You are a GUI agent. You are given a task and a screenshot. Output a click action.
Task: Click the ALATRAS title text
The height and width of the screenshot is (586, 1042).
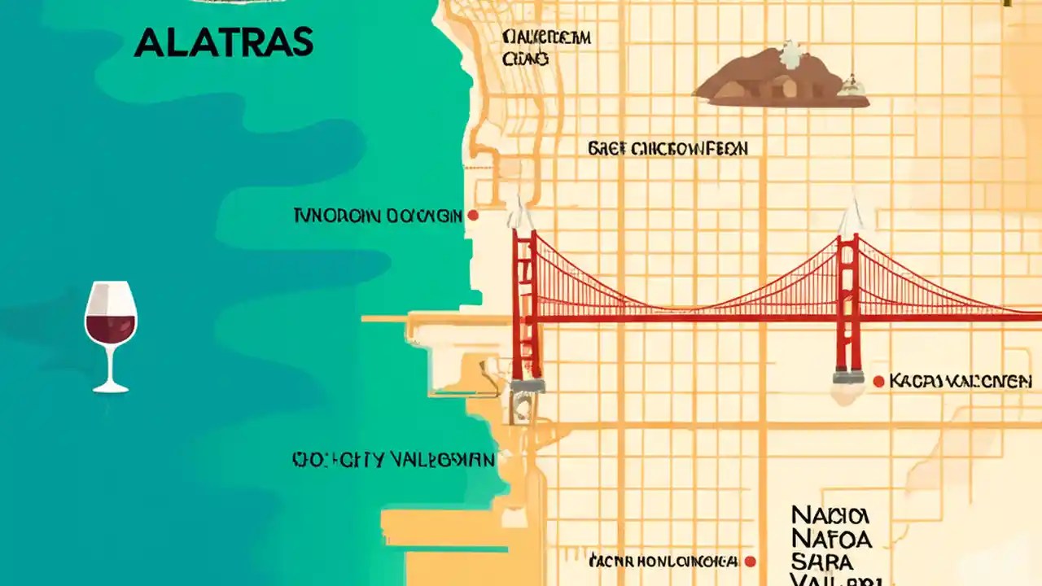223,42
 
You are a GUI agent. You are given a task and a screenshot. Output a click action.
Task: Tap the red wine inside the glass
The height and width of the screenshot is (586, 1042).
111,328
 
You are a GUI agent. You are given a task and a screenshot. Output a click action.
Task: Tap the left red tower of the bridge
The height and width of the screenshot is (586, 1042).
525,305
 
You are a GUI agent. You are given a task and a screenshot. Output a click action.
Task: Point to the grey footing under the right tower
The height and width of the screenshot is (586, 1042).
847,376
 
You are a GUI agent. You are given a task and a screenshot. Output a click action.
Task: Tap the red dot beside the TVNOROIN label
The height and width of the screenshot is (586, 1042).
472,216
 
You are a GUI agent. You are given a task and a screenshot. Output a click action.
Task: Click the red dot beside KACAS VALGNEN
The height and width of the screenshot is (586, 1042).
878,381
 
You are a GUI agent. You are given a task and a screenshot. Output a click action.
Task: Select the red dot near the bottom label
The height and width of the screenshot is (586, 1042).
751,561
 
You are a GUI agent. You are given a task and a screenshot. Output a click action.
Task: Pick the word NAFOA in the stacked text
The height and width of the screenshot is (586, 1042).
830,538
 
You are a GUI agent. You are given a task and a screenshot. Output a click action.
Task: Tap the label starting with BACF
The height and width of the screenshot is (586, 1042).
667,149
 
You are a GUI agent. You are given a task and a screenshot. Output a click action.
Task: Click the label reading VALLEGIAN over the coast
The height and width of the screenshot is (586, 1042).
393,460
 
